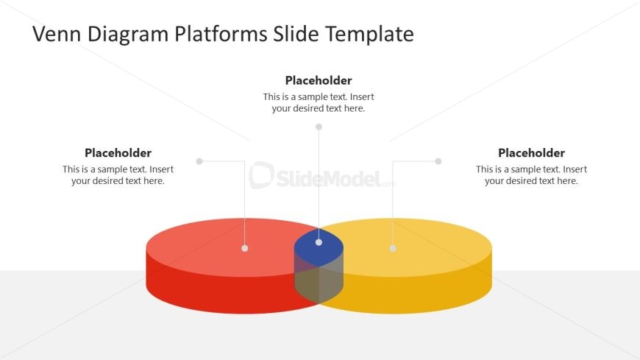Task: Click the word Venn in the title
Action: pyautogui.click(x=57, y=34)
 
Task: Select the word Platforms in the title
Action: pyautogui.click(x=221, y=34)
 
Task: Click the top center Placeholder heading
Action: pyautogui.click(x=319, y=80)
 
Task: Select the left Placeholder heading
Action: pyautogui.click(x=118, y=153)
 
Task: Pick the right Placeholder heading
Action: pyautogui.click(x=531, y=153)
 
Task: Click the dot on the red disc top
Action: pyautogui.click(x=244, y=248)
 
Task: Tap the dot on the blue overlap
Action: pyautogui.click(x=319, y=242)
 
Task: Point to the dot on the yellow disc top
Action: pyautogui.click(x=393, y=248)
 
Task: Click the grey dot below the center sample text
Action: pyautogui.click(x=319, y=127)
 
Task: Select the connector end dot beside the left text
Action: pyautogui.click(x=199, y=161)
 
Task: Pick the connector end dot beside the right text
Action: pyautogui.click(x=438, y=161)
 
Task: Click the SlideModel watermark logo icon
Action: pyautogui.click(x=261, y=175)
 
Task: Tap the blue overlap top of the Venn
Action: pyautogui.click(x=319, y=248)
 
